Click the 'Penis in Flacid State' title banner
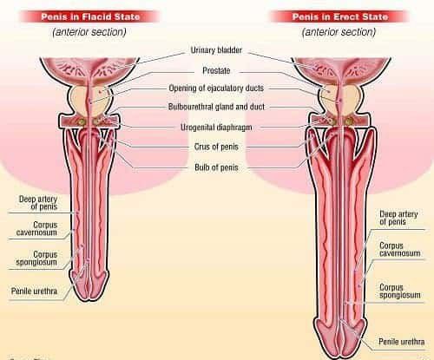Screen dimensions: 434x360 (x=90, y=16)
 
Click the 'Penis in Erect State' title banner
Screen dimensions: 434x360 (x=339, y=16)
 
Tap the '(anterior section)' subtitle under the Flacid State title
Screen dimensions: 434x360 (x=89, y=32)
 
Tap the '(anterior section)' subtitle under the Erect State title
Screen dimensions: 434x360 (x=339, y=32)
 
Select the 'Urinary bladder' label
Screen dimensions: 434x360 (x=216, y=50)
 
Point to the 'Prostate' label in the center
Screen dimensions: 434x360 (x=216, y=70)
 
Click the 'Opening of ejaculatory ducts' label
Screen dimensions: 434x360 (x=216, y=88)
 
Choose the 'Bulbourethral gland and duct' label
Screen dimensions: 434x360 (x=216, y=107)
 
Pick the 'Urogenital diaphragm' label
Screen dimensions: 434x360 (x=216, y=128)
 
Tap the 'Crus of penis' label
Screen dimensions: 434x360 (x=216, y=147)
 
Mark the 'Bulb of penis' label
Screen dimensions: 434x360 (x=216, y=167)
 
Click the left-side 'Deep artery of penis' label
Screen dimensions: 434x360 (x=38, y=203)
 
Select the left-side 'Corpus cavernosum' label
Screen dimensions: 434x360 (x=36, y=229)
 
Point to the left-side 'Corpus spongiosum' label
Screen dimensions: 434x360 (x=36, y=259)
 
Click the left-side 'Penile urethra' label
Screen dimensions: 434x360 (x=34, y=291)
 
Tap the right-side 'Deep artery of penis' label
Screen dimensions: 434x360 (x=398, y=218)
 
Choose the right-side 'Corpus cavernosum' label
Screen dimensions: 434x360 (x=400, y=250)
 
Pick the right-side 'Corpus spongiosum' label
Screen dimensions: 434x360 (x=400, y=291)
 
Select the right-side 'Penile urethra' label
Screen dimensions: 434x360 (x=402, y=342)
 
